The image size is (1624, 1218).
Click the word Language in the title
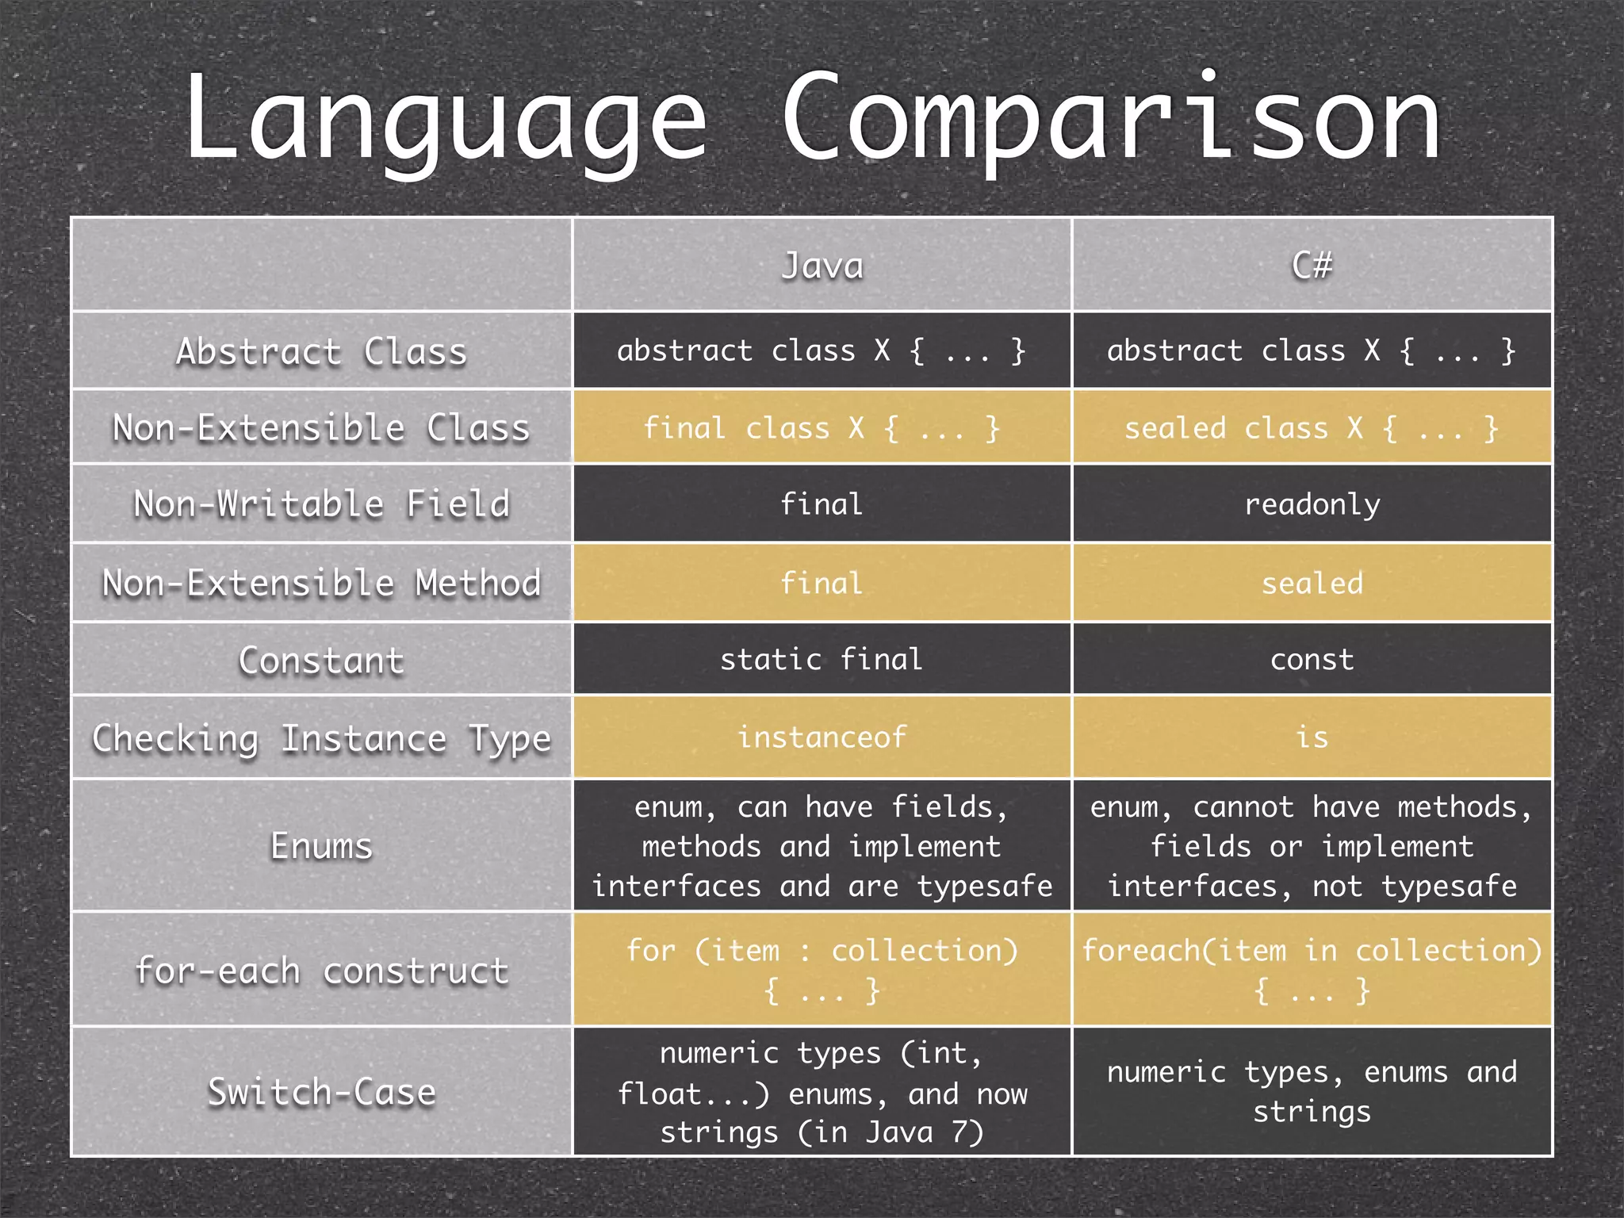point(444,119)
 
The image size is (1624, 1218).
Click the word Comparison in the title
point(1110,119)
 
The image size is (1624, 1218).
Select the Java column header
point(822,265)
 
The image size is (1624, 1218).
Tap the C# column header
point(1312,265)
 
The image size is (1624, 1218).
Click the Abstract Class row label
point(321,351)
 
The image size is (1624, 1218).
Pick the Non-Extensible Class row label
point(321,427)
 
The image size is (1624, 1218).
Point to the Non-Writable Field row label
point(321,504)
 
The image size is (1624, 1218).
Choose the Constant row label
point(321,660)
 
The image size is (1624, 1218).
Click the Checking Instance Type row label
point(321,738)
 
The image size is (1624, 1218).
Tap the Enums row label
point(321,845)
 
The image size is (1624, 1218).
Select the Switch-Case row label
point(321,1092)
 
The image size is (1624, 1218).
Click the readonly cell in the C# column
point(1312,504)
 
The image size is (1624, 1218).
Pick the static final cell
point(822,660)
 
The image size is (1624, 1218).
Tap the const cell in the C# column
point(1312,660)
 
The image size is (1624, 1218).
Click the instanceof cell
point(822,737)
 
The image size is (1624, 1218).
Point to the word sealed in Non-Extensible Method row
point(1312,584)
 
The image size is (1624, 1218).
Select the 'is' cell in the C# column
point(1312,737)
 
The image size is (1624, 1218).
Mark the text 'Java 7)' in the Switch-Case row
point(924,1132)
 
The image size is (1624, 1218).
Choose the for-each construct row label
point(321,971)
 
